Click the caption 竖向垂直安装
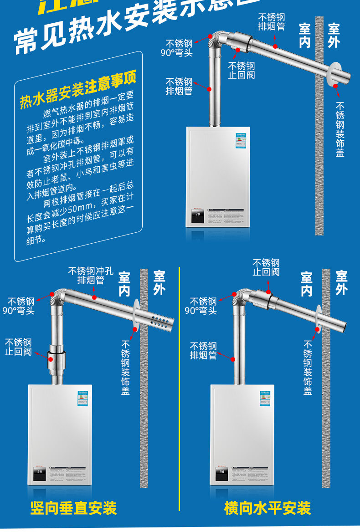[x=73, y=508]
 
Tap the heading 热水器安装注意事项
[x=78, y=91]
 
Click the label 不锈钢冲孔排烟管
[x=91, y=275]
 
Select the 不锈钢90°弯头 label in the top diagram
[x=179, y=48]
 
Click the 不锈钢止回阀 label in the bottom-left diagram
[x=18, y=347]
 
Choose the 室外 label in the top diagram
[x=334, y=36]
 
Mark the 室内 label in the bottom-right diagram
[x=306, y=283]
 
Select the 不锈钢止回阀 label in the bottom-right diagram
[x=266, y=267]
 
